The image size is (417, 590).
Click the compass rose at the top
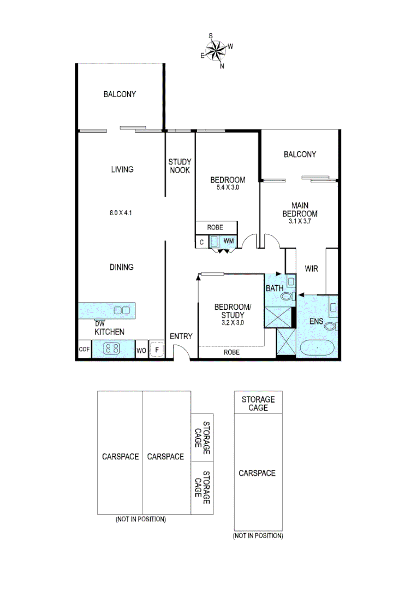(217, 50)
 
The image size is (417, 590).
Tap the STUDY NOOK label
(179, 166)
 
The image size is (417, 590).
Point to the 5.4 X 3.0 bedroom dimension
(228, 187)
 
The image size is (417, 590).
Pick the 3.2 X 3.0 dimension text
(233, 322)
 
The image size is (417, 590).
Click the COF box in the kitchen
(84, 349)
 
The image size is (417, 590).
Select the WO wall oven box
(141, 349)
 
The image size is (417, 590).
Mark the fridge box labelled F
(157, 349)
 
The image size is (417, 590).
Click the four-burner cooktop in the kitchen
(112, 348)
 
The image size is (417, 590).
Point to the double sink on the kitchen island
(122, 310)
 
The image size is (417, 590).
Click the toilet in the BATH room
(287, 296)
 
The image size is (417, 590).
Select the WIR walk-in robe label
(311, 269)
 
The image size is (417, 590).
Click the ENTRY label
(180, 336)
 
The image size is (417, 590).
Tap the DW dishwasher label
(99, 323)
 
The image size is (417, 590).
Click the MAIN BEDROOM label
(299, 210)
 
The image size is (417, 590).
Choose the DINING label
(121, 267)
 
